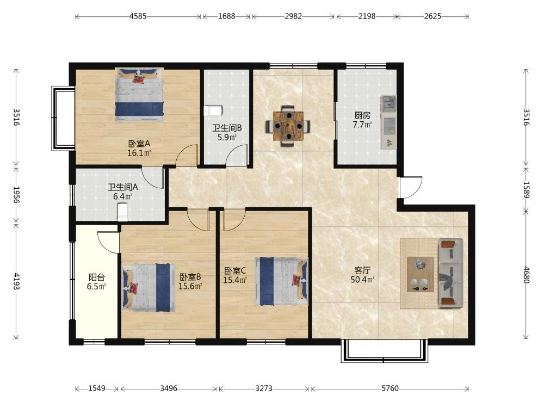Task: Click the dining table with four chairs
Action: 288,126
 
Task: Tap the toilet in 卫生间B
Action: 213,110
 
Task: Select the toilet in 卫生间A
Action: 123,212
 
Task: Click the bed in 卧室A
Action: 139,94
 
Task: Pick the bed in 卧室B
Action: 149,288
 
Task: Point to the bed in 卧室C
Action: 281,281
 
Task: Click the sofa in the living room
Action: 450,273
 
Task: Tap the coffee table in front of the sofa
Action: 421,274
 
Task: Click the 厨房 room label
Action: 362,115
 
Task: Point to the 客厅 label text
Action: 362,270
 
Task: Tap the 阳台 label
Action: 96,277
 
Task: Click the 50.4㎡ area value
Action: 362,280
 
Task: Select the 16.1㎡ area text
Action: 139,153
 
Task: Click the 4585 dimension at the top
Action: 138,16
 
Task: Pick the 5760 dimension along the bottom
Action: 390,388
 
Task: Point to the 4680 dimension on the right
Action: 526,275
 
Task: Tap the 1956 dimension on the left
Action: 16,195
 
